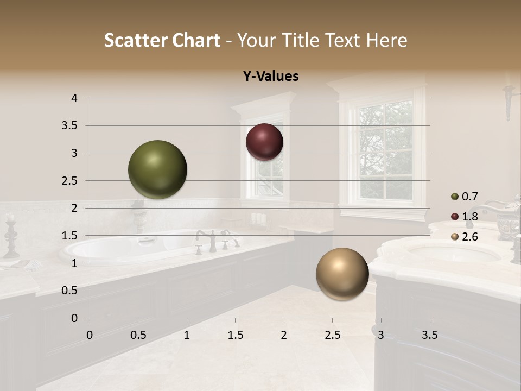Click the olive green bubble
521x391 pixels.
pyautogui.click(x=157, y=169)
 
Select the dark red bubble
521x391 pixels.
pyautogui.click(x=264, y=142)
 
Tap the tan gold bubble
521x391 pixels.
pyautogui.click(x=342, y=274)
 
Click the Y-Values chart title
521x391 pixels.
pyautogui.click(x=271, y=77)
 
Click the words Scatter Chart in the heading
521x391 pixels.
pyautogui.click(x=162, y=40)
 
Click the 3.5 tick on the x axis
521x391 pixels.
pyautogui.click(x=429, y=335)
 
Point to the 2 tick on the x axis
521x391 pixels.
pyautogui.click(x=284, y=335)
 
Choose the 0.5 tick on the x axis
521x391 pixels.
pyautogui.click(x=138, y=335)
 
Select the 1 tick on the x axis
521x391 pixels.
pyautogui.click(x=187, y=335)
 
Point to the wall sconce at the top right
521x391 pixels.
pyautogui.click(x=509, y=101)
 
